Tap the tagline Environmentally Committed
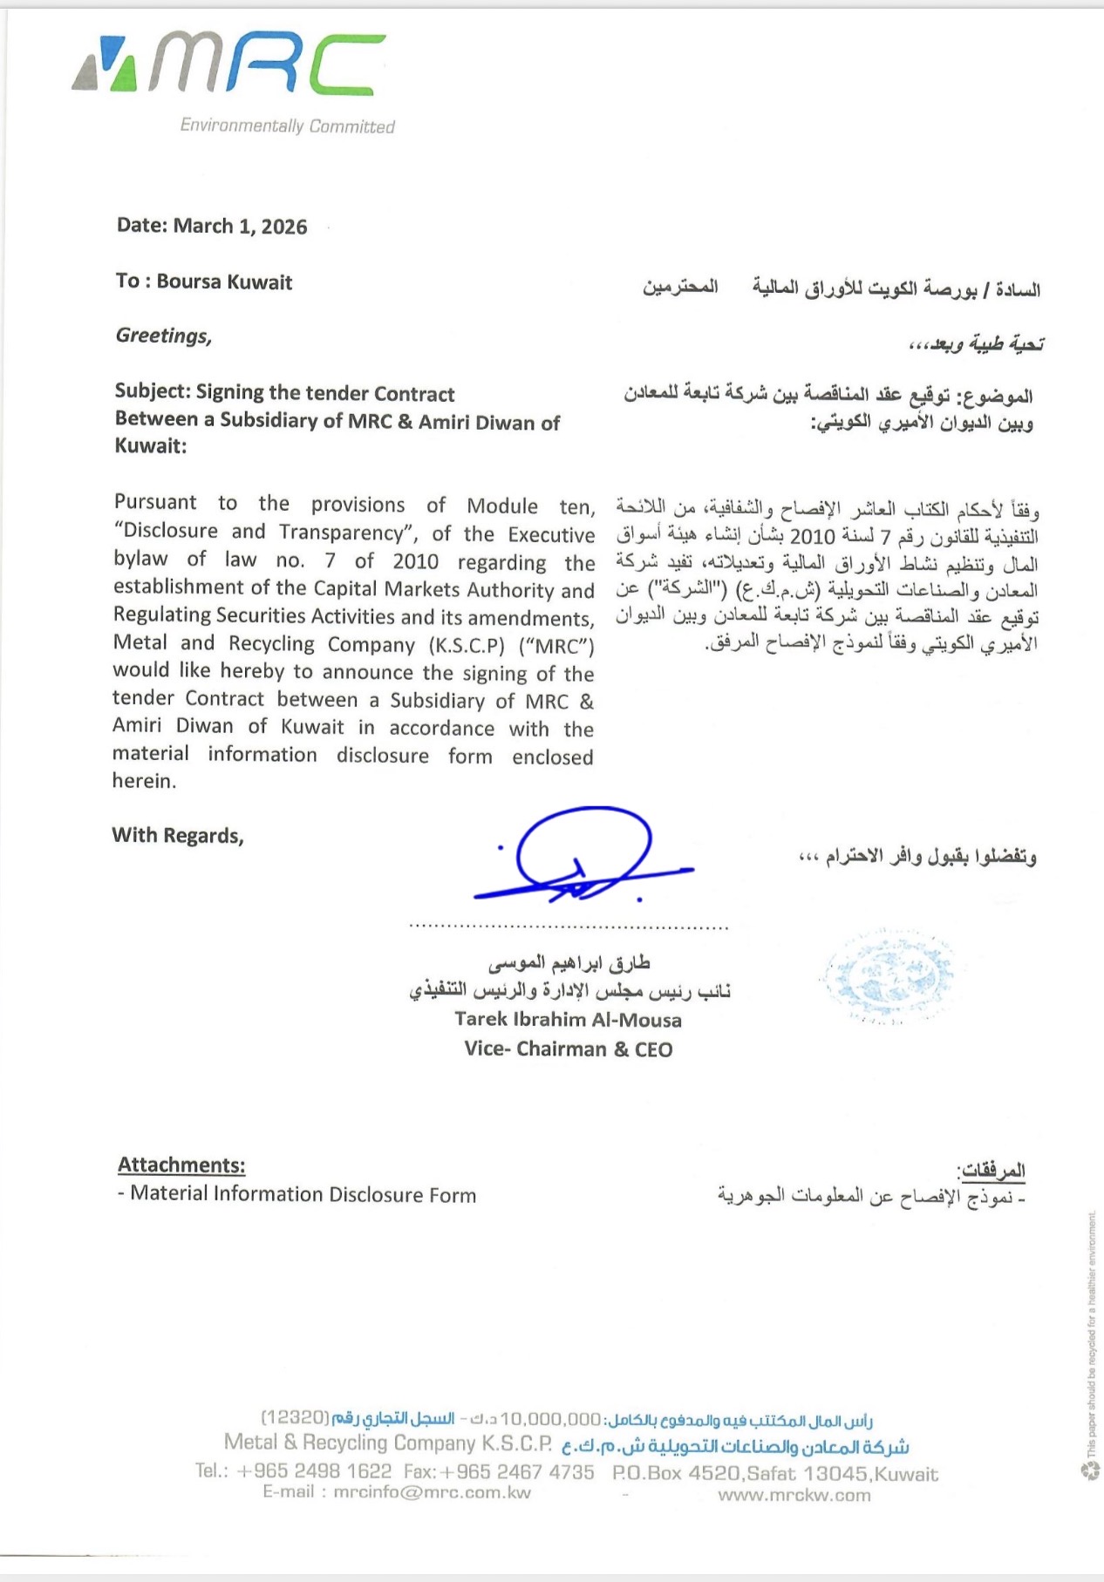[287, 126]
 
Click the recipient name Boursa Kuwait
[224, 282]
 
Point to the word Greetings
[163, 336]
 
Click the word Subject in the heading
[151, 392]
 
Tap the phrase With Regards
[177, 836]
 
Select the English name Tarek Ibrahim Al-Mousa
[568, 1020]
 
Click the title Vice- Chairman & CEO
[568, 1049]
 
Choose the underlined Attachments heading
[181, 1165]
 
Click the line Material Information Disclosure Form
[303, 1195]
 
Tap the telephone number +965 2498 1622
[315, 1471]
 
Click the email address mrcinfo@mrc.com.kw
[432, 1492]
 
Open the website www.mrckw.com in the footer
[794, 1496]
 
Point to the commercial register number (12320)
[295, 1418]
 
